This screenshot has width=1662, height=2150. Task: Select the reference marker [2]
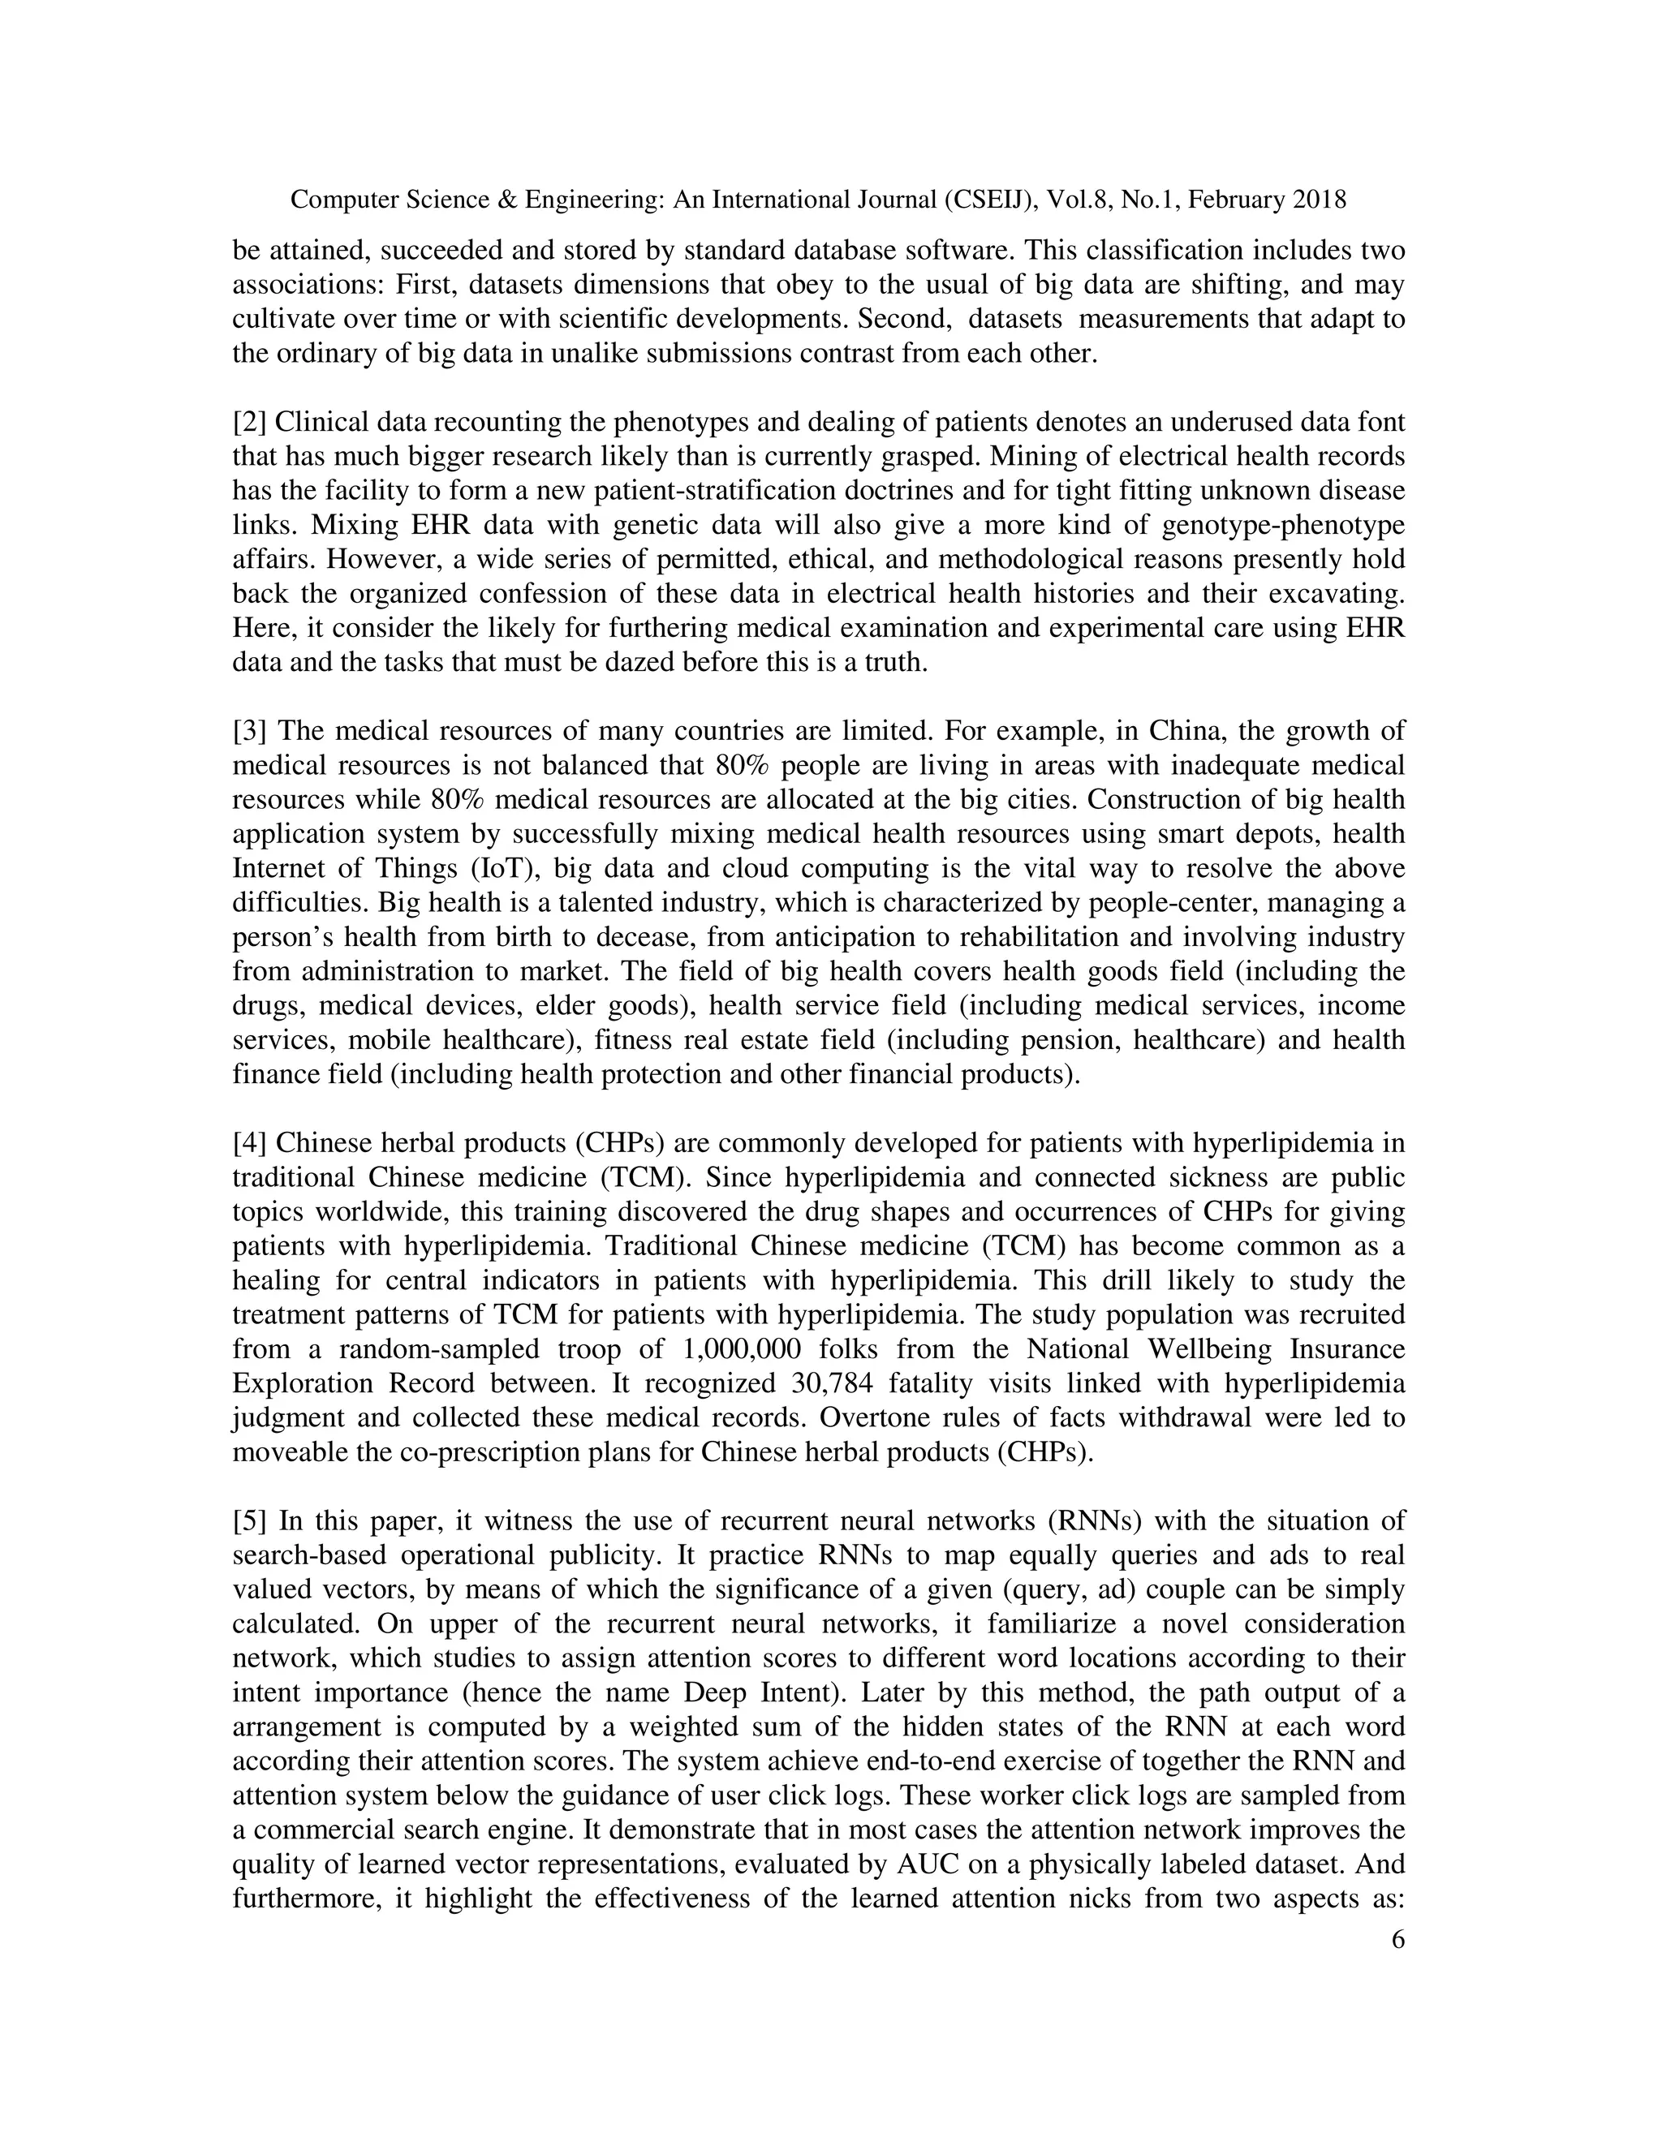click(x=249, y=423)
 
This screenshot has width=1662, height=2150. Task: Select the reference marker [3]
click(x=249, y=732)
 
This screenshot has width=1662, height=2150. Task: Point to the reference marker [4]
click(x=249, y=1144)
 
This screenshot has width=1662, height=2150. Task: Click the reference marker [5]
click(x=249, y=1521)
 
